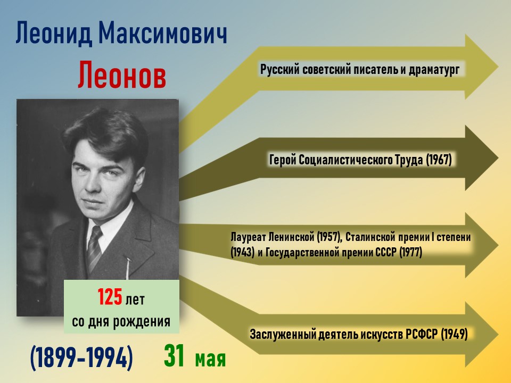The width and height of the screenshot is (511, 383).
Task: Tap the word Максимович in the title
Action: click(163, 34)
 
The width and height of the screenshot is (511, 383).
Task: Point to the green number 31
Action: click(175, 356)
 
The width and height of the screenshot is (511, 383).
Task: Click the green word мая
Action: click(211, 359)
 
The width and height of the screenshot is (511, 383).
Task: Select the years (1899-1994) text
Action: click(81, 357)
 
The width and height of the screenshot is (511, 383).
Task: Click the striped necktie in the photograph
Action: click(94, 248)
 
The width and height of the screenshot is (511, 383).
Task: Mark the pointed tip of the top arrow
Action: click(498, 67)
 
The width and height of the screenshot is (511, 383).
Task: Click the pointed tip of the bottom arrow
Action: click(498, 335)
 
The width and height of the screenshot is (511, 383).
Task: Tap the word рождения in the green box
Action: click(142, 322)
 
